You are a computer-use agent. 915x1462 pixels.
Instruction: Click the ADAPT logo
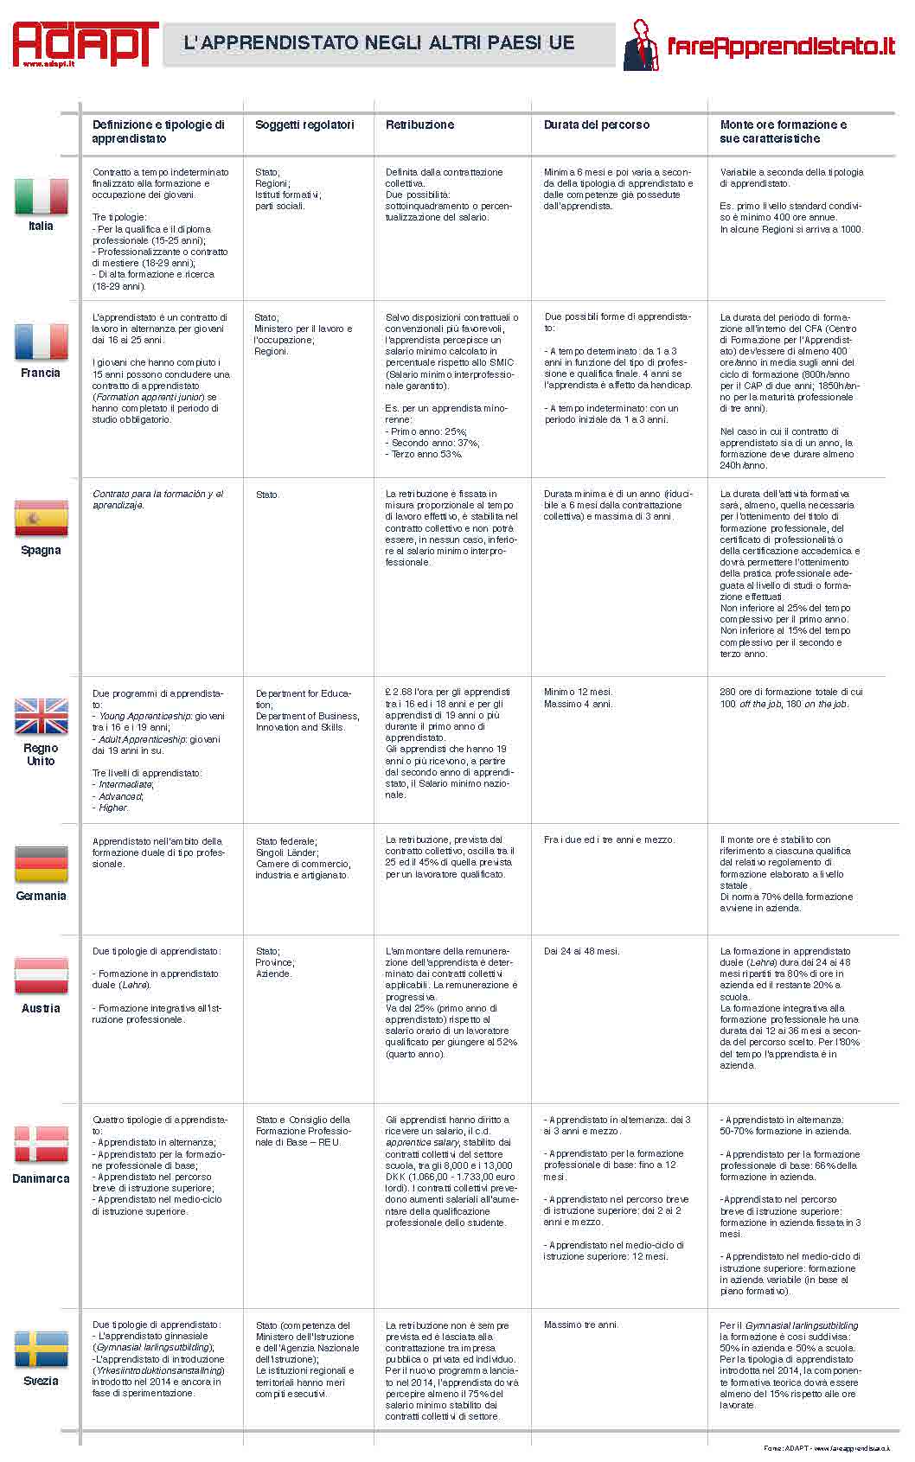84,43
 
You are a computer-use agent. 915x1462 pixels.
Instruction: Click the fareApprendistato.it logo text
780,46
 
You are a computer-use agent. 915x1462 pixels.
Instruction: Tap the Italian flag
41,196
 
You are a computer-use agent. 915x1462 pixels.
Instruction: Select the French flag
41,342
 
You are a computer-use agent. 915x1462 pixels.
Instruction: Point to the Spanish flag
41,518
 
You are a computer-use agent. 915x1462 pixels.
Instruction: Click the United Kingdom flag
41,716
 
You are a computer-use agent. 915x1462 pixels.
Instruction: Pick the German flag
41,864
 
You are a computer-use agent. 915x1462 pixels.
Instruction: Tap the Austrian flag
41,976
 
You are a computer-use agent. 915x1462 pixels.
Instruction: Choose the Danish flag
41,1144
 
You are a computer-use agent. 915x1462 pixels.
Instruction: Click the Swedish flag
41,1350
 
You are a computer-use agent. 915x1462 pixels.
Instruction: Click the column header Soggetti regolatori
304,124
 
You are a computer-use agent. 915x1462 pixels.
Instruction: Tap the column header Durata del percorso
596,124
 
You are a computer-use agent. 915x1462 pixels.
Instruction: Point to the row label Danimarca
41,1178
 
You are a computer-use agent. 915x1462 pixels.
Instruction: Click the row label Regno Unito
41,754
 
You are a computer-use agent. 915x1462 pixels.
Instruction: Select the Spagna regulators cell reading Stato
267,495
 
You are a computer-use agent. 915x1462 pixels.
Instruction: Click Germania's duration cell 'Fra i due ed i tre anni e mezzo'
609,840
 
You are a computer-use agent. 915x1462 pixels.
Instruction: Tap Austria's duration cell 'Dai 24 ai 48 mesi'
581,951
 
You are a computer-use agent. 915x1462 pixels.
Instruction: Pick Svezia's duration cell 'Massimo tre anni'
580,1325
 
